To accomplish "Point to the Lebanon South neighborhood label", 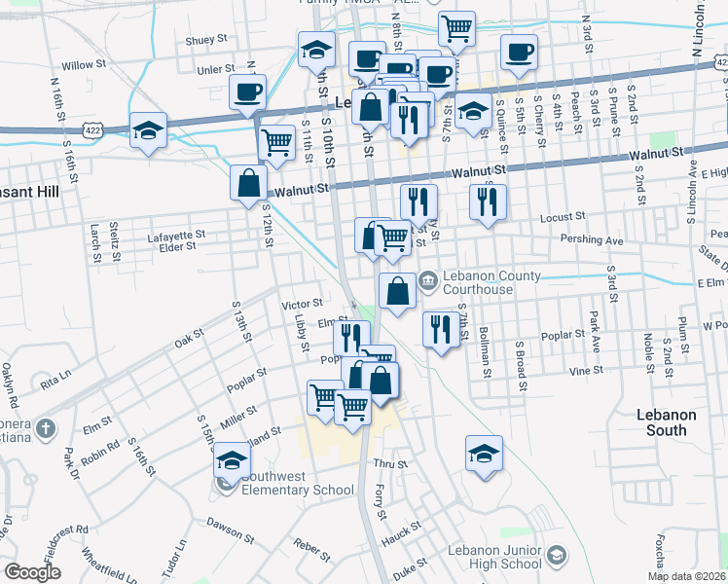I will (667, 421).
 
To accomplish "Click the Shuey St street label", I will (205, 41).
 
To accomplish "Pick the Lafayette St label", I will (176, 235).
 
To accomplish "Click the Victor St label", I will (302, 305).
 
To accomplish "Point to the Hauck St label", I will (401, 531).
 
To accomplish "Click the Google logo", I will (32, 572).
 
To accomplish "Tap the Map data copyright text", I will (687, 576).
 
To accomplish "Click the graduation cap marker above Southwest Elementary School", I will (232, 458).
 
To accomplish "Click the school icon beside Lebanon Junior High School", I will (556, 556).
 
